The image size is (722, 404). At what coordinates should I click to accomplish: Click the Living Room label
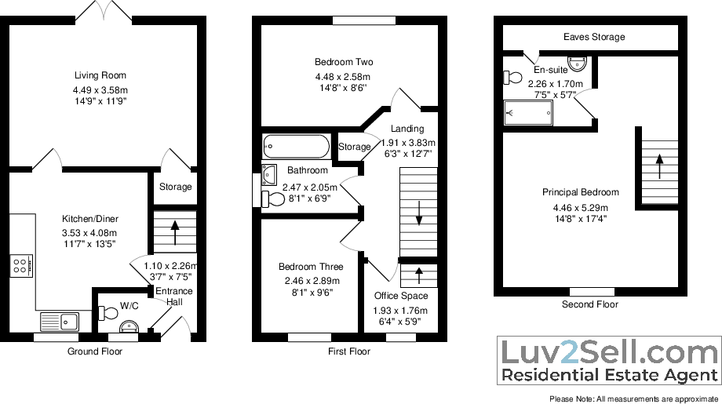click(x=100, y=76)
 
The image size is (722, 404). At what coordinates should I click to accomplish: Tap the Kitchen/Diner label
click(x=90, y=219)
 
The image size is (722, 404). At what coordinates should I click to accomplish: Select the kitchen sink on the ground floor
click(x=57, y=320)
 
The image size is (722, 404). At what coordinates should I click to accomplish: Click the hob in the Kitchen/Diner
click(x=20, y=265)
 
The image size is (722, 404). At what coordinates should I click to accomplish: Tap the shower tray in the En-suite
click(x=529, y=114)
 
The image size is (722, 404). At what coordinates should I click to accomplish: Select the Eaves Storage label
click(x=594, y=37)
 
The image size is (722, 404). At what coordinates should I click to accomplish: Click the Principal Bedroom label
click(x=580, y=192)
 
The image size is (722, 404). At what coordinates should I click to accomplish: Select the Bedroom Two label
click(x=344, y=62)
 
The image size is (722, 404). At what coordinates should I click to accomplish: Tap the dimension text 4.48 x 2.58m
click(x=343, y=77)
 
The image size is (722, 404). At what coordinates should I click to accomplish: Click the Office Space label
click(x=401, y=296)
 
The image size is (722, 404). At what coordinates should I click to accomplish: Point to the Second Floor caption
click(x=589, y=304)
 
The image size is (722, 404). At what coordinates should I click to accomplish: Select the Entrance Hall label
click(x=173, y=297)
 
